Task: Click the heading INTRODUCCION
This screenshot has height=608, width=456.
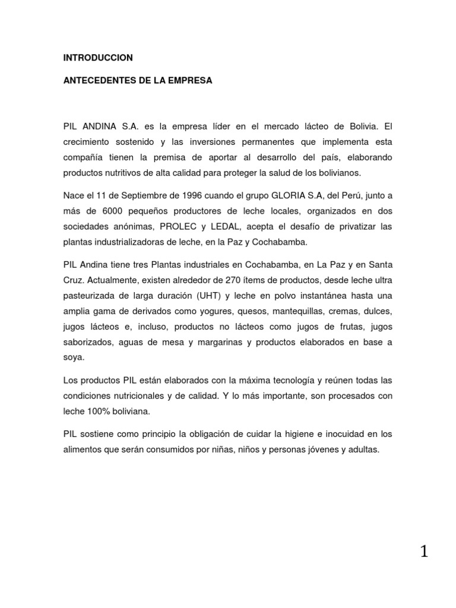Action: click(x=98, y=58)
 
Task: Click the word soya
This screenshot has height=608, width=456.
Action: click(x=74, y=357)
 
